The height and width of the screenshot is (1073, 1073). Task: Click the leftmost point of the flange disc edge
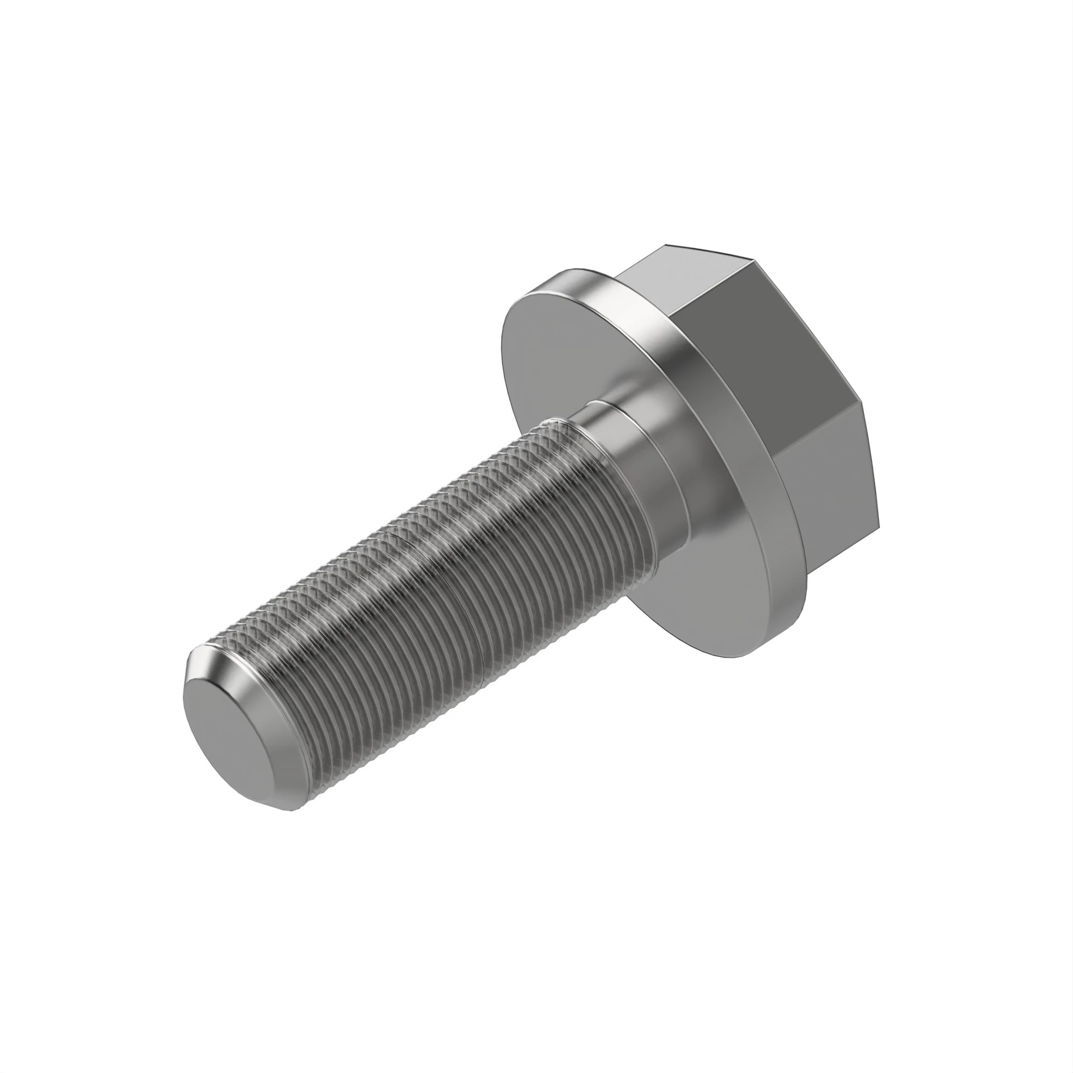pos(501,344)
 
